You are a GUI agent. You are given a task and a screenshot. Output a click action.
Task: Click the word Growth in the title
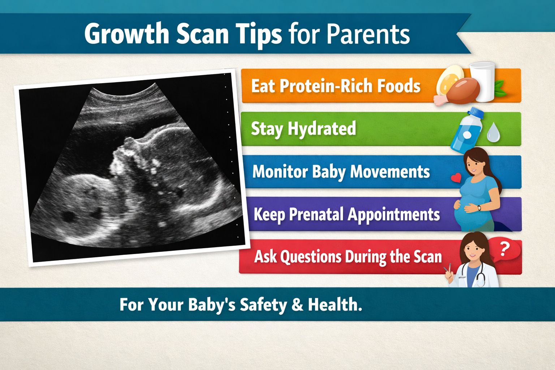pos(127,34)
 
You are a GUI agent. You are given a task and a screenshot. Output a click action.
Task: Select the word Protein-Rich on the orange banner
pos(327,86)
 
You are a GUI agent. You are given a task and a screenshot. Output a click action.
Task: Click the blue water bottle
pos(466,130)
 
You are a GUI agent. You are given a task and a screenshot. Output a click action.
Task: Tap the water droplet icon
pos(493,133)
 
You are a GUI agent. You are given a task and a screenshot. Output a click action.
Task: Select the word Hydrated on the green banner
pos(322,129)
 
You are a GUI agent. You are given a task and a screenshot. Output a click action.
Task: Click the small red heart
pos(456,177)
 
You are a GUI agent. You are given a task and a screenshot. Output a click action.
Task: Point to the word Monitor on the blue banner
pos(279,172)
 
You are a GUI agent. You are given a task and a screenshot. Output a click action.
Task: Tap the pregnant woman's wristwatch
pos(479,208)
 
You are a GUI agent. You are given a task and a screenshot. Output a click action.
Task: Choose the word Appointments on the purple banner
pos(394,215)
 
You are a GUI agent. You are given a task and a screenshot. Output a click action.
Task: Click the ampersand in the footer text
pos(297,305)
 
